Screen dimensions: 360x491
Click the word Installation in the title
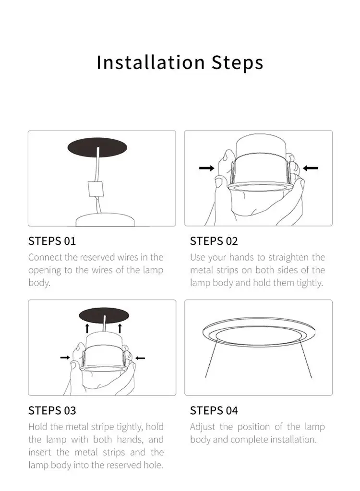[x=151, y=62]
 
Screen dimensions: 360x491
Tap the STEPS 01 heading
[x=52, y=241]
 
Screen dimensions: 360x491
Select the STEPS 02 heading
[x=214, y=241]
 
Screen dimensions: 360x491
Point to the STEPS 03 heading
[x=52, y=410]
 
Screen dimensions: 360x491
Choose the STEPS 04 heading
[x=214, y=410]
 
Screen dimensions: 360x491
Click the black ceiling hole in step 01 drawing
[x=97, y=147]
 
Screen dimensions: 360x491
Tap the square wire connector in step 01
[x=96, y=189]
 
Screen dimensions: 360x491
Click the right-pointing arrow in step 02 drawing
[x=206, y=168]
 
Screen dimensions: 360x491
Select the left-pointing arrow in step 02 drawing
[x=311, y=168]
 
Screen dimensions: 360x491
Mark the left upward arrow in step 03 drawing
[x=87, y=328]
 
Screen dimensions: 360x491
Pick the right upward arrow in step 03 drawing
[x=120, y=328]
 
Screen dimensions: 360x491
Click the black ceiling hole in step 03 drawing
[x=104, y=315]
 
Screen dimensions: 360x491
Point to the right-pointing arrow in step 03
[x=65, y=358]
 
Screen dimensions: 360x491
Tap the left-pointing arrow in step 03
[x=140, y=358]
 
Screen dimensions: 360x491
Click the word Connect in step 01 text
[x=46, y=257]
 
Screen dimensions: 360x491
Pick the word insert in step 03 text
[x=40, y=453]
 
